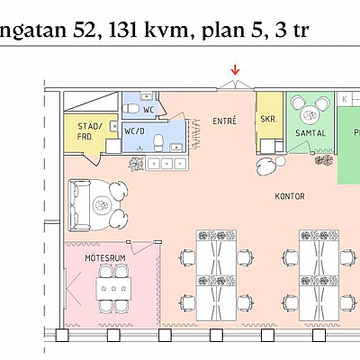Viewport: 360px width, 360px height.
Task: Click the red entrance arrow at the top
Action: pos(236,69)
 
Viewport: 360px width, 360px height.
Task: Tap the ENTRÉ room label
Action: pos(224,121)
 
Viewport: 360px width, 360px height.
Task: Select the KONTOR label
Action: pos(290,195)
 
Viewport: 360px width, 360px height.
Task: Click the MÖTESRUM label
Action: pos(103,257)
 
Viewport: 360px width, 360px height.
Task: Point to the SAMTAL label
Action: pos(310,133)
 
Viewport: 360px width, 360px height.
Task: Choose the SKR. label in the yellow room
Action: pos(268,118)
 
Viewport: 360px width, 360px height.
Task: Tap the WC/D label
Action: pos(135,130)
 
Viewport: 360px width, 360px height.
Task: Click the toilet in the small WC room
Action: pos(131,109)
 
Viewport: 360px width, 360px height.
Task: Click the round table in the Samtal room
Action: pos(311,113)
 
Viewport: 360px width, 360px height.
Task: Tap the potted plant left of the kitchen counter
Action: pos(136,163)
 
